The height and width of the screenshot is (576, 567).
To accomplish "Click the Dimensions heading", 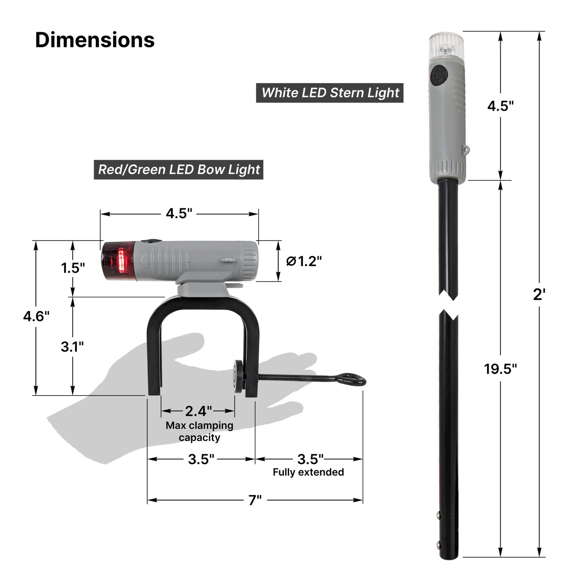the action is pyautogui.click(x=95, y=40).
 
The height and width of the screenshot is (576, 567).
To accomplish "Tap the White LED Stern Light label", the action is pyautogui.click(x=330, y=93).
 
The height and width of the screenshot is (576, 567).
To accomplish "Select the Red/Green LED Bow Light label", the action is pyautogui.click(x=179, y=170).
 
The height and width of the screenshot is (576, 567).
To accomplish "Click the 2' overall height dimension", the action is pyautogui.click(x=539, y=295).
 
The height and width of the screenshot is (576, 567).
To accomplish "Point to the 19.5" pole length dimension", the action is pyautogui.click(x=500, y=369).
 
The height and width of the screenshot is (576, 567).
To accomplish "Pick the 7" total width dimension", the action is pyautogui.click(x=255, y=500).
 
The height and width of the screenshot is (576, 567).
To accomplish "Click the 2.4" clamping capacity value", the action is pyautogui.click(x=198, y=411).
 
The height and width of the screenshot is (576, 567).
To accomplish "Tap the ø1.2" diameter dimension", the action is pyautogui.click(x=304, y=261).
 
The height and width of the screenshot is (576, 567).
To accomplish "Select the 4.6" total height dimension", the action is pyautogui.click(x=36, y=316).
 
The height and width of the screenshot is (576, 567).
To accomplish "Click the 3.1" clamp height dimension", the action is pyautogui.click(x=72, y=347).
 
